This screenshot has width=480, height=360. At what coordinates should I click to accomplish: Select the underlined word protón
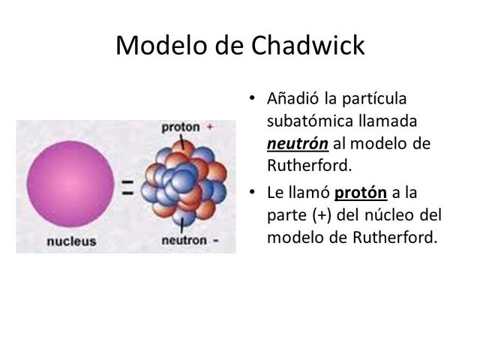click(x=361, y=193)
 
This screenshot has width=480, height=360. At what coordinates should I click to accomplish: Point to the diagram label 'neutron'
click(x=184, y=241)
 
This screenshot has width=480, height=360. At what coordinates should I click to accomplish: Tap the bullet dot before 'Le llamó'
click(x=252, y=193)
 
